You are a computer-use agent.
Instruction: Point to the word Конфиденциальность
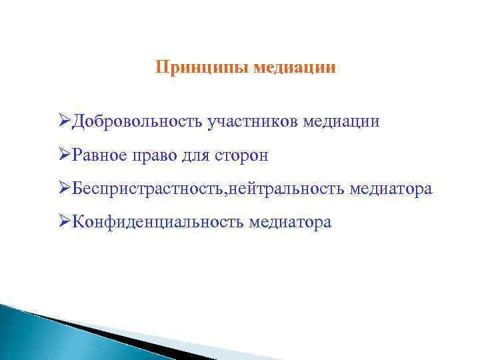158,223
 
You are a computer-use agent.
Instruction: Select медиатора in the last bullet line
290,223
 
